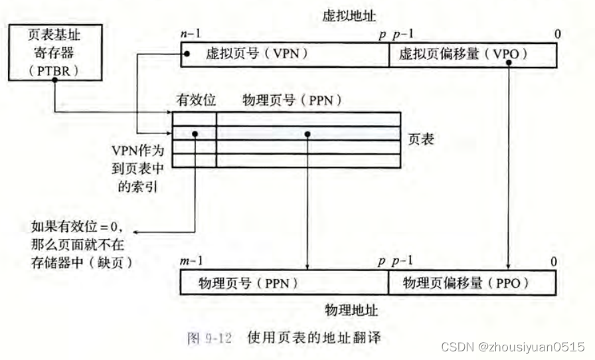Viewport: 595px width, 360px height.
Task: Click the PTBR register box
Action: (x=55, y=52)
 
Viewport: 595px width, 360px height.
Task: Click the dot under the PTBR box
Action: (x=55, y=79)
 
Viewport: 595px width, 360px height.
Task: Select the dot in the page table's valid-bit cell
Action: (x=195, y=133)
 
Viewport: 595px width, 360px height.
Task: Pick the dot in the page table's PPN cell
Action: (x=308, y=134)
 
